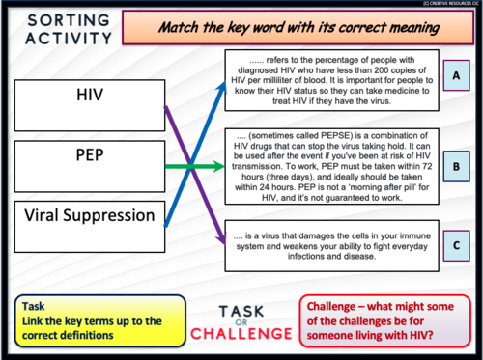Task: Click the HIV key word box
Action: click(x=89, y=97)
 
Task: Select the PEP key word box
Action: click(x=89, y=156)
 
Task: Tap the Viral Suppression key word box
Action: click(x=89, y=214)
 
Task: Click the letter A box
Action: click(x=454, y=74)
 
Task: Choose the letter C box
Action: click(x=454, y=245)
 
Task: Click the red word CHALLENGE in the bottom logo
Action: click(x=241, y=334)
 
